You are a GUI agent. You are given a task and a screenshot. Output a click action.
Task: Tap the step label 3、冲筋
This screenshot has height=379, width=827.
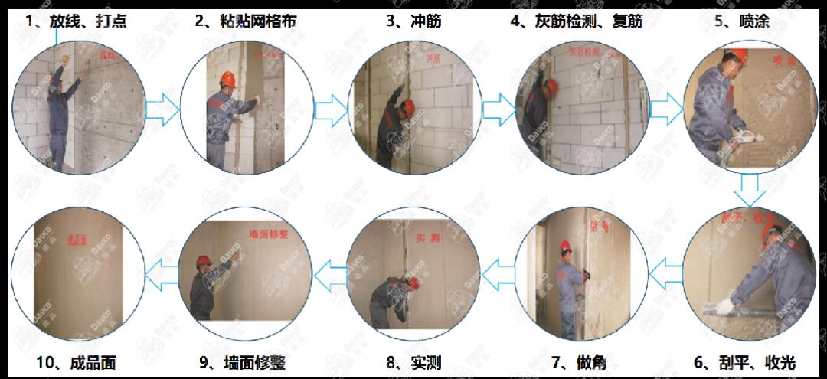click(x=413, y=21)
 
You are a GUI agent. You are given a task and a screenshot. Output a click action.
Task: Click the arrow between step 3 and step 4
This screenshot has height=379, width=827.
click(x=499, y=110)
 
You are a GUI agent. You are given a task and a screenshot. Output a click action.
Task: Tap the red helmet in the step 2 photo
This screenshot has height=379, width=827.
click(x=227, y=78)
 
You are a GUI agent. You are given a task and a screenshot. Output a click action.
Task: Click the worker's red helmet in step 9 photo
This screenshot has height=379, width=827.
click(x=203, y=260)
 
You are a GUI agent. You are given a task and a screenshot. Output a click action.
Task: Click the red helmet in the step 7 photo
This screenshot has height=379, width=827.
click(x=566, y=246)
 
